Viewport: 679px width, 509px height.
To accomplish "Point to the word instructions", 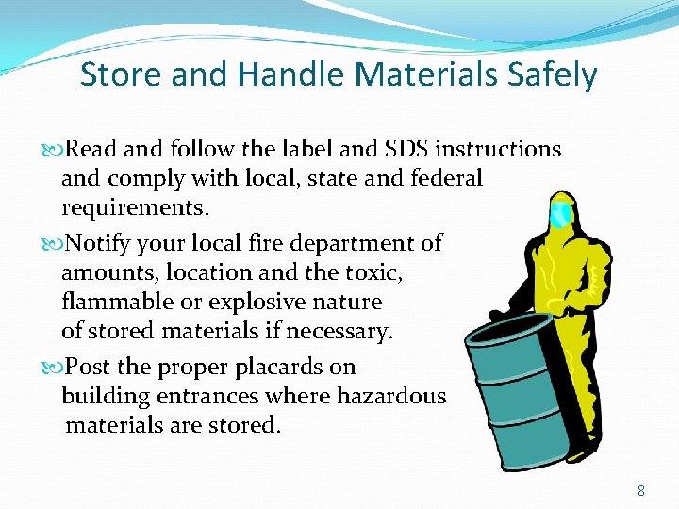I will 500,149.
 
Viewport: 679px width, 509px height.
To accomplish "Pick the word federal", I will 447,178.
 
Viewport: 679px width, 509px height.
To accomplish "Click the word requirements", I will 134,207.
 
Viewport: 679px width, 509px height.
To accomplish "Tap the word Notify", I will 102,243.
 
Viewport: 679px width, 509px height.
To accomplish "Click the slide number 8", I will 641,490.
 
